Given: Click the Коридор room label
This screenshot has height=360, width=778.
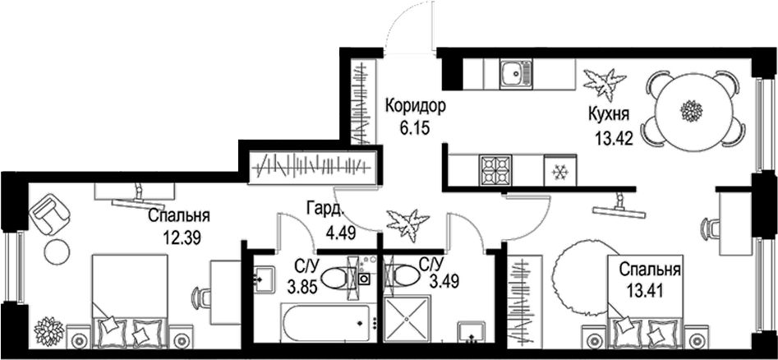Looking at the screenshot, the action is coord(416,106).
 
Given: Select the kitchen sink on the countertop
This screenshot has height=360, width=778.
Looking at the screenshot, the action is coord(516,74).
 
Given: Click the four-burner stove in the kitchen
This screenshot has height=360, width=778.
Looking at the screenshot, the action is coord(495,170).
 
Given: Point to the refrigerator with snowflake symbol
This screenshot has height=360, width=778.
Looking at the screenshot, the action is coord(560,170).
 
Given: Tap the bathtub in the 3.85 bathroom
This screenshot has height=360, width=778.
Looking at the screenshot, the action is coord(326,323).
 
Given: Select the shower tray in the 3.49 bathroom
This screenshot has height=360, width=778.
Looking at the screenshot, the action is coord(407,319).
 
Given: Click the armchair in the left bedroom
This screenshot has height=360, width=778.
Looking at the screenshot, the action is coord(49,213).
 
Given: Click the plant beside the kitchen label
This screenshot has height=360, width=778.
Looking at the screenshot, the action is coord(605,83).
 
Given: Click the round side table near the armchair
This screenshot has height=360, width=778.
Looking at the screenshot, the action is coord(57,252).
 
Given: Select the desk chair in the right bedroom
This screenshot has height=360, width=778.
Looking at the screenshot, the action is coord(711,228).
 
